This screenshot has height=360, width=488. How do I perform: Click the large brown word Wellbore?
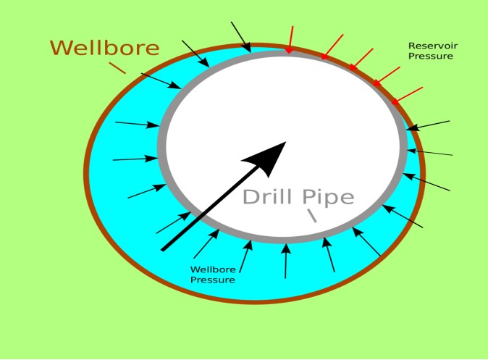pyautogui.click(x=104, y=48)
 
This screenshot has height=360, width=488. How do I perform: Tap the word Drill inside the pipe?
pyautogui.click(x=267, y=197)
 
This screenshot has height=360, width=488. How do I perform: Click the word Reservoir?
pyautogui.click(x=433, y=46)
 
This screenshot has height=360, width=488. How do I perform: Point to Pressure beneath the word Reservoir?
pyautogui.click(x=431, y=56)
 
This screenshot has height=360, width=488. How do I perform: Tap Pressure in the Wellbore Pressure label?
pyautogui.click(x=213, y=280)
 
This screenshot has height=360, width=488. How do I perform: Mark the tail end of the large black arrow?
pyautogui.click(x=163, y=249)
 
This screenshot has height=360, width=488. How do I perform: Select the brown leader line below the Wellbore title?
pyautogui.click(x=117, y=68)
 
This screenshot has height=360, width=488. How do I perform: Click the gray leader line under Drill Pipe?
pyautogui.click(x=312, y=215)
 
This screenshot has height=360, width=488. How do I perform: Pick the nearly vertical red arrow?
pyautogui.click(x=290, y=39)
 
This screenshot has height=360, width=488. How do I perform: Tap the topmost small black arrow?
pyautogui.click(x=241, y=37)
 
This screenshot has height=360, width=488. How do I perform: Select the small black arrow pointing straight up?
pyautogui.click(x=285, y=261)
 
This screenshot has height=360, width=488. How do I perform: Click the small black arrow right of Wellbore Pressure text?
pyautogui.click(x=245, y=257)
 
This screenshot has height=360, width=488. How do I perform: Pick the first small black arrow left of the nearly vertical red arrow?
pyautogui.click(x=241, y=37)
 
